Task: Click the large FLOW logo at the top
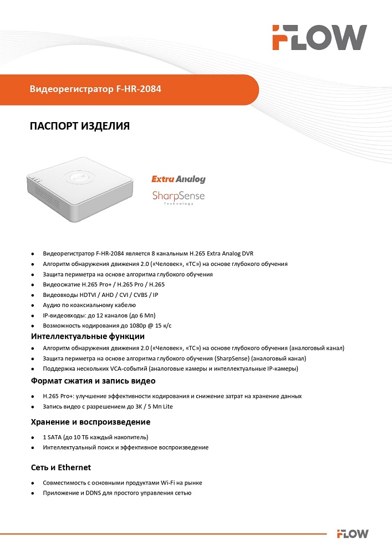[319, 38]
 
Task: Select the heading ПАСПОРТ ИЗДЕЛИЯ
[79, 127]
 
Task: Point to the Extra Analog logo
[179, 179]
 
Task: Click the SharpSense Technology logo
[179, 197]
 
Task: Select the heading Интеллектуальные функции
[88, 336]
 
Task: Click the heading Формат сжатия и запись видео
[93, 381]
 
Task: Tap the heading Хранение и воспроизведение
[90, 422]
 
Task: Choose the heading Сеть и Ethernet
[61, 467]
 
